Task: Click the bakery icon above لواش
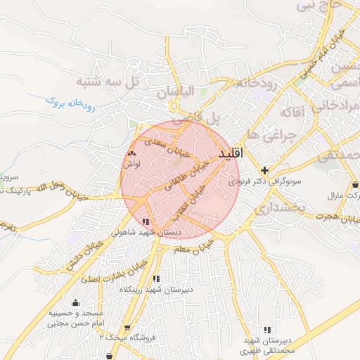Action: click(131, 153)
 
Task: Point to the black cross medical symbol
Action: click(265, 170)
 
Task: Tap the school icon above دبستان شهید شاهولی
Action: click(146, 221)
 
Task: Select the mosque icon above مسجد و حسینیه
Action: click(76, 303)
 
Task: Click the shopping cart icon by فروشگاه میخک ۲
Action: click(127, 328)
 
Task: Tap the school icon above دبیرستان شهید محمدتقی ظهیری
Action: click(267, 330)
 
